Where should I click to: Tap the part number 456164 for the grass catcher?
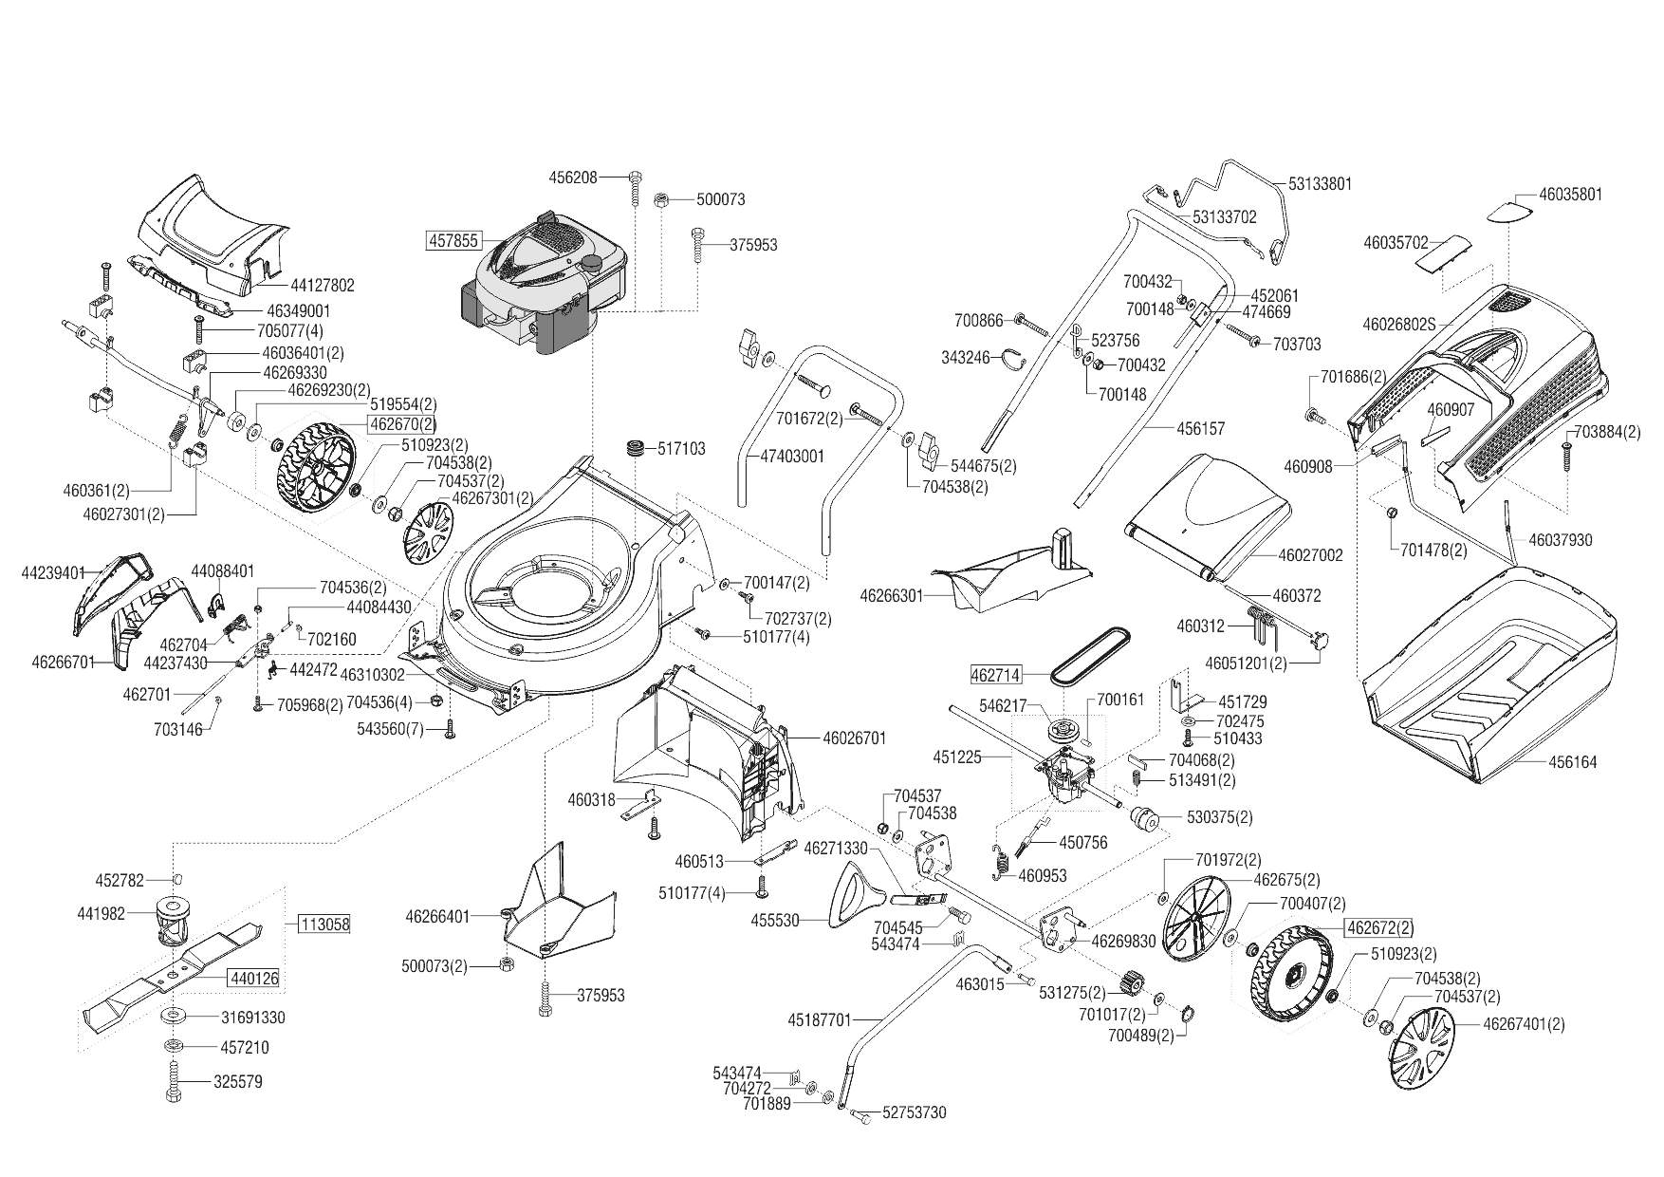(x=1572, y=762)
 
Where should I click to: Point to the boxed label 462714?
(x=995, y=675)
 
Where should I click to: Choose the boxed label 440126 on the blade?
(x=251, y=977)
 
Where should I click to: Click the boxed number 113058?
(x=324, y=924)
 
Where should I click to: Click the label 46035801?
(x=1570, y=195)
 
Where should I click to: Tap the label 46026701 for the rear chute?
(x=854, y=738)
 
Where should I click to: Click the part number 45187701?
(x=820, y=1020)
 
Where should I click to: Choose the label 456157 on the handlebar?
(x=1200, y=428)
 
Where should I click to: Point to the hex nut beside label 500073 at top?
(x=664, y=200)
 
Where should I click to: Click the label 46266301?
(x=891, y=596)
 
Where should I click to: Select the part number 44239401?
(x=53, y=572)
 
